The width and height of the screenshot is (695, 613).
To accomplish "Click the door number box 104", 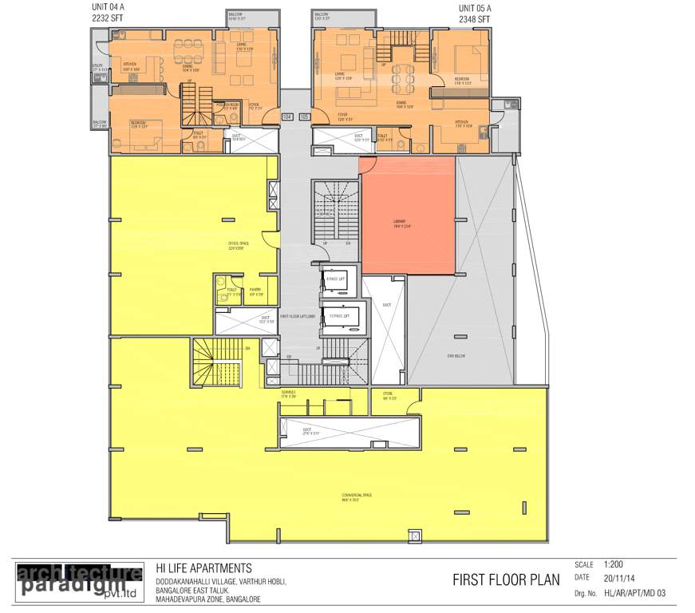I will (x=287, y=117).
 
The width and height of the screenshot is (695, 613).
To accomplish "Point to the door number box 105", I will (x=303, y=117).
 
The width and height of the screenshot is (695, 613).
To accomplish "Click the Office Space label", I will (x=235, y=244).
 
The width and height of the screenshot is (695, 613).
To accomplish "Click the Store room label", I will (x=389, y=394).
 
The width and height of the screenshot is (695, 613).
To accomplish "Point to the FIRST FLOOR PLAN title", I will (x=507, y=579).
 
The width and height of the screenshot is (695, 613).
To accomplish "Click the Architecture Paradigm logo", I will (x=79, y=581).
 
